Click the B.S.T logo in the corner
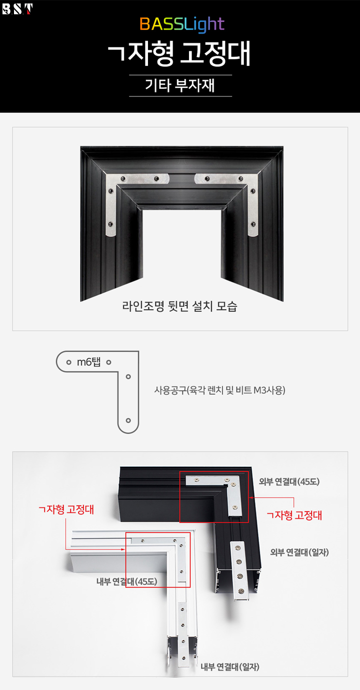17,8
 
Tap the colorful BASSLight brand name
182,24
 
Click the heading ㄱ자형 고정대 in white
179,53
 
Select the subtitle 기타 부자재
180,85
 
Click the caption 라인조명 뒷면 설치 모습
179,306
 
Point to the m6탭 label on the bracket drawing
89,361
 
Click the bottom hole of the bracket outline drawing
128,421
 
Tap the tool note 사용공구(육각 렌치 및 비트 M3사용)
220,390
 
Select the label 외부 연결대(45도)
289,482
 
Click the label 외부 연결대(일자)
299,552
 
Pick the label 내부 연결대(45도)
127,582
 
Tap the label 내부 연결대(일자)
230,667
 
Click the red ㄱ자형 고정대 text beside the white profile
66,510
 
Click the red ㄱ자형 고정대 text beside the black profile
294,515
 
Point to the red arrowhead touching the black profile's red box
250,498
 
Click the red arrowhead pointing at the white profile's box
123,549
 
